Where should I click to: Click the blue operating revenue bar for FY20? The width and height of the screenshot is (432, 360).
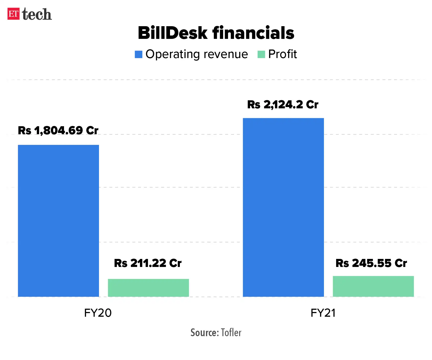point(58,221)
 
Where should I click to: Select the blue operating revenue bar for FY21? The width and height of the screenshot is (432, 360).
point(283,207)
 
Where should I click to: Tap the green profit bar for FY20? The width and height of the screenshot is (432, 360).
point(148,288)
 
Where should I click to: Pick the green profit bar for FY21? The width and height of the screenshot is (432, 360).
point(373,286)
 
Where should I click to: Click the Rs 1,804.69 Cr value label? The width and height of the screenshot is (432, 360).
point(58,130)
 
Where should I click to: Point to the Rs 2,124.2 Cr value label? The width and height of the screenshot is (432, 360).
point(283,105)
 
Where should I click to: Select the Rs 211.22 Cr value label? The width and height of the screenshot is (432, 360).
point(148,263)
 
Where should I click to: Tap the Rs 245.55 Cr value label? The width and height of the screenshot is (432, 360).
point(371,263)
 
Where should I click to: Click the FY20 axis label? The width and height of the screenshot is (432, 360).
point(98,313)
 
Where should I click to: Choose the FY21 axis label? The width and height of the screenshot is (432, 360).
point(323,313)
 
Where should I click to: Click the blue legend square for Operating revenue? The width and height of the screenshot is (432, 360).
point(139,54)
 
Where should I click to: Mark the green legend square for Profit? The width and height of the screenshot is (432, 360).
point(261,54)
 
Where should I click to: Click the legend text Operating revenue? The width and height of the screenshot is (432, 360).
point(197,54)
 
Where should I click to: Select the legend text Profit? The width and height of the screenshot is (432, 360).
point(282,54)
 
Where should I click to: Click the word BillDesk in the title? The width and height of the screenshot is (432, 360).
point(173,33)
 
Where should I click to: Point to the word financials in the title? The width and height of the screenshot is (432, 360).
point(253,33)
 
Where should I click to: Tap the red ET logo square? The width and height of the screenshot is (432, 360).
point(13,14)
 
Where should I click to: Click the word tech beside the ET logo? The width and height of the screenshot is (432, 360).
point(37,14)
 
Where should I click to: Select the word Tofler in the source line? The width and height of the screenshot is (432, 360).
point(231,333)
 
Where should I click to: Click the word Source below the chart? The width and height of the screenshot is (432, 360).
point(205,333)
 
